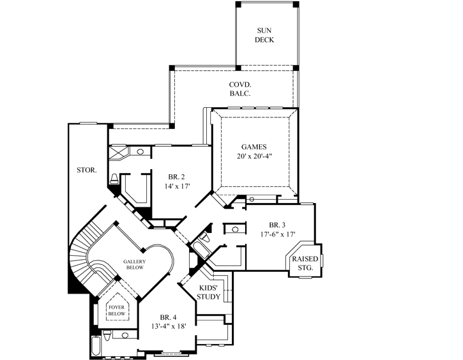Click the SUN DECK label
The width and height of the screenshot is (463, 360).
point(266,34)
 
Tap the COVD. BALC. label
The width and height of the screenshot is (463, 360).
point(240,89)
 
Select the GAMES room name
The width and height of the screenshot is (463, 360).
point(254,146)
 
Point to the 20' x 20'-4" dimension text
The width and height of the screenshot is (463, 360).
point(254,158)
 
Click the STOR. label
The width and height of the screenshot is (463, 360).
point(86,170)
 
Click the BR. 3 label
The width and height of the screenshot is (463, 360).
point(278,225)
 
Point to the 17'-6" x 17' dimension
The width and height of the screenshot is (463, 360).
point(278,235)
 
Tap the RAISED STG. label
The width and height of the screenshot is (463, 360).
point(303,264)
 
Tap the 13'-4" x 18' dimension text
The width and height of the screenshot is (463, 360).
point(168,327)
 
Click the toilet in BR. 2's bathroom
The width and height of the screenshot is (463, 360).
point(114,178)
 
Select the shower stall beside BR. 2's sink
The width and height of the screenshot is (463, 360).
point(119,152)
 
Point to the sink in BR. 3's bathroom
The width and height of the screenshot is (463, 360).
point(234,229)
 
